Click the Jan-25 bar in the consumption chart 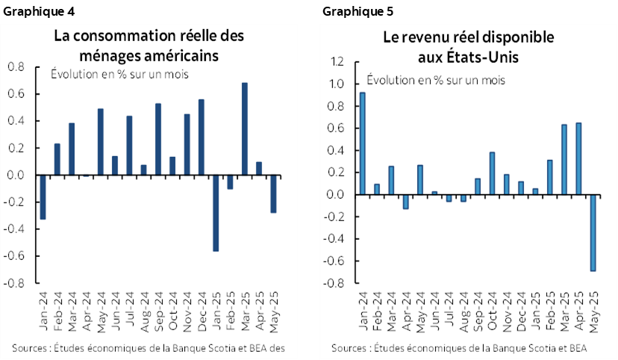coord(216,213)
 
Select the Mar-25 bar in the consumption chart coord(244,128)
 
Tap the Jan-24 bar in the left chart coord(43,197)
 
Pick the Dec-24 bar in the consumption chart coord(202,137)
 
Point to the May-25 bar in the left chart coord(273,193)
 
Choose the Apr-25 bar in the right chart coord(580,158)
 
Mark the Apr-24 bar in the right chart coord(406,202)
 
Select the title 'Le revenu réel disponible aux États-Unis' coord(467,46)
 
